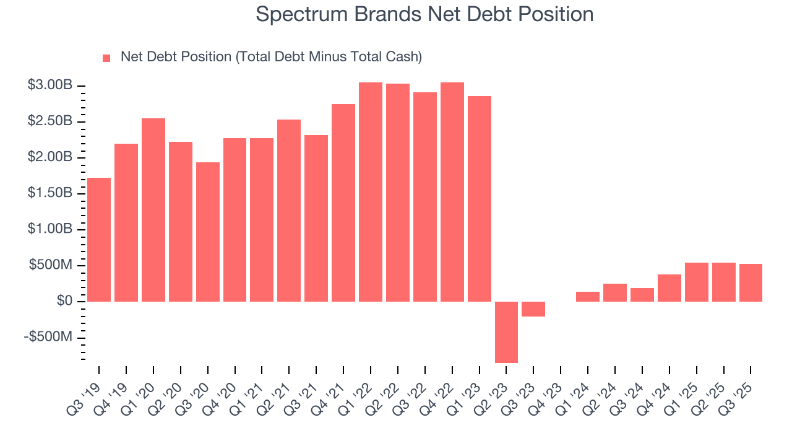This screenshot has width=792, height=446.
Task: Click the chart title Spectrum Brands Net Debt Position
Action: click(x=424, y=14)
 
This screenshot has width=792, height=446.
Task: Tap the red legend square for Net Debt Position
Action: click(x=106, y=58)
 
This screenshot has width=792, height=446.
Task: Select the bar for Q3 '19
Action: click(x=99, y=240)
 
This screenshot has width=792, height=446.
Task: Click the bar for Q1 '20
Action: click(x=153, y=210)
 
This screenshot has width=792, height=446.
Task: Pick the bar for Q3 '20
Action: click(x=208, y=232)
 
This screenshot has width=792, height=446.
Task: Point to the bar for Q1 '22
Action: click(x=371, y=192)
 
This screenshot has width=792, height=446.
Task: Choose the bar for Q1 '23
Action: click(x=480, y=199)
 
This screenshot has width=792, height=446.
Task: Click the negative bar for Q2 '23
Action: click(x=506, y=332)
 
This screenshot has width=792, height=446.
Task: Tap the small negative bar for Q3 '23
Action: click(x=533, y=309)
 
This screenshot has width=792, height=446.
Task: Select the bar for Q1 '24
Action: click(x=588, y=297)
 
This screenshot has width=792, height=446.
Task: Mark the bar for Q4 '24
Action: click(x=669, y=288)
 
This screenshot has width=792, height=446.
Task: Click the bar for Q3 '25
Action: click(x=751, y=282)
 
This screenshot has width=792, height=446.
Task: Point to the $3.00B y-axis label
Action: click(x=50, y=85)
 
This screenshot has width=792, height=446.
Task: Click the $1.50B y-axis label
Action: click(x=50, y=193)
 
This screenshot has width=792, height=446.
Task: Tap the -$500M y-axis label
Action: click(x=49, y=337)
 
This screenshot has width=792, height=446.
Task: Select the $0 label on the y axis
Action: click(x=64, y=301)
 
